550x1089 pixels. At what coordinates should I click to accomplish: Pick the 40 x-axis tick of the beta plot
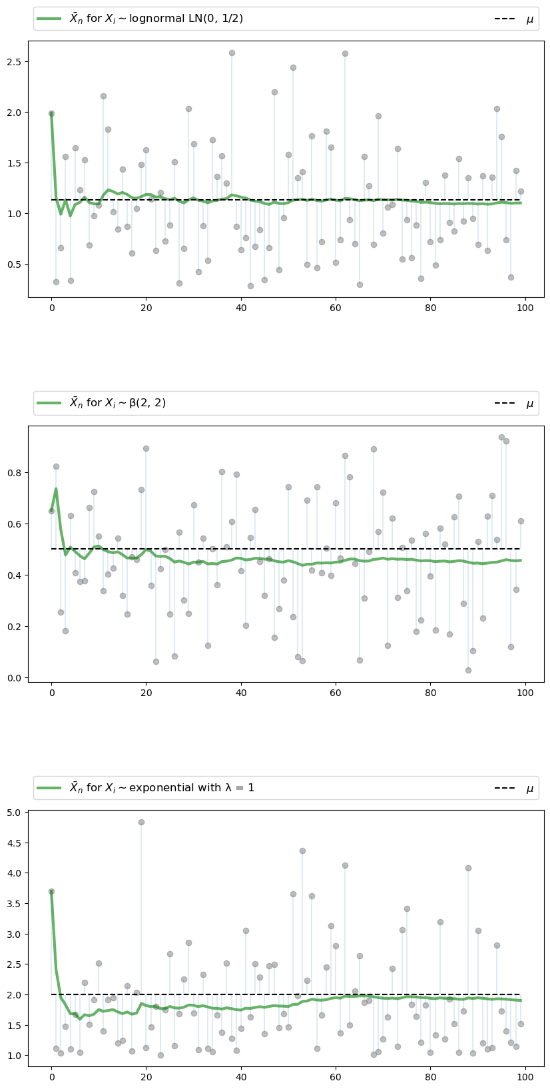point(241,692)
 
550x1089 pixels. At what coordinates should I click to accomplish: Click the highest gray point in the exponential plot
point(141,822)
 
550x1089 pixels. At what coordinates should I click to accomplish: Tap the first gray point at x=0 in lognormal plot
point(51,114)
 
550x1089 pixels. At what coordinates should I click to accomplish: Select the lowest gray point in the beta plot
point(468,670)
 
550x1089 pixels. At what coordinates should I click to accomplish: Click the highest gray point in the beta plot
point(501,437)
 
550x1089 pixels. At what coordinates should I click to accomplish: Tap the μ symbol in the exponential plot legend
point(530,789)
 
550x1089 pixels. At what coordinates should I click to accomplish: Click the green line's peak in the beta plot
point(56,489)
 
